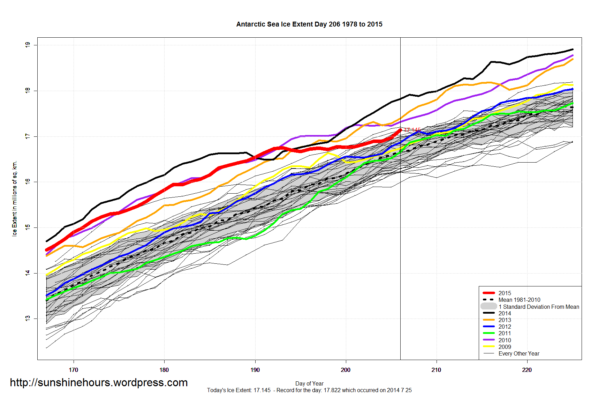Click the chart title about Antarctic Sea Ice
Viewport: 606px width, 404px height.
[x=309, y=24]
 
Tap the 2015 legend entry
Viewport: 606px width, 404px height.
[x=505, y=293]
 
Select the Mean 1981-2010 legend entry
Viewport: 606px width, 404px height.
[x=519, y=300]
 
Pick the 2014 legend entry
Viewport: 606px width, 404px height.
[x=505, y=313]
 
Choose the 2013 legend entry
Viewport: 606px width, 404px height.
[x=505, y=320]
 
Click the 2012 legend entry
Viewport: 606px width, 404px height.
[x=505, y=327]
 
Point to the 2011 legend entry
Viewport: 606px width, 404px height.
[x=505, y=333]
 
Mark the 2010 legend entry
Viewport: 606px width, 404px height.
[x=505, y=340]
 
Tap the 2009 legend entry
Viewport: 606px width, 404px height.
[x=505, y=347]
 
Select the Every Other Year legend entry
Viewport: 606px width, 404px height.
[x=518, y=353]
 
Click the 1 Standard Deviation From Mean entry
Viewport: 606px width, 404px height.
[x=538, y=307]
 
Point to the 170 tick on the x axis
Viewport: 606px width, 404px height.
[x=74, y=370]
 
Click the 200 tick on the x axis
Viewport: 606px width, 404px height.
[x=346, y=370]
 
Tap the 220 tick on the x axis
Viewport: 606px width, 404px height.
[x=527, y=370]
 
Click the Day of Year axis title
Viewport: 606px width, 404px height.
[x=309, y=383]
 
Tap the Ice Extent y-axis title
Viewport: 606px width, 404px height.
[x=15, y=199]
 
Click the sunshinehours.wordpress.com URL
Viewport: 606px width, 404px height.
[x=99, y=383]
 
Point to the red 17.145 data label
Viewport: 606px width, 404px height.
[x=412, y=130]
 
